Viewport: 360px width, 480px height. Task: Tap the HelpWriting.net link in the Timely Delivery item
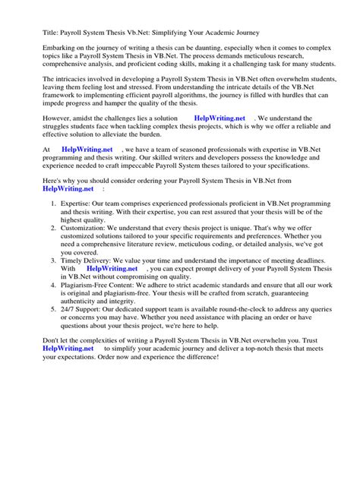click(112, 311)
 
